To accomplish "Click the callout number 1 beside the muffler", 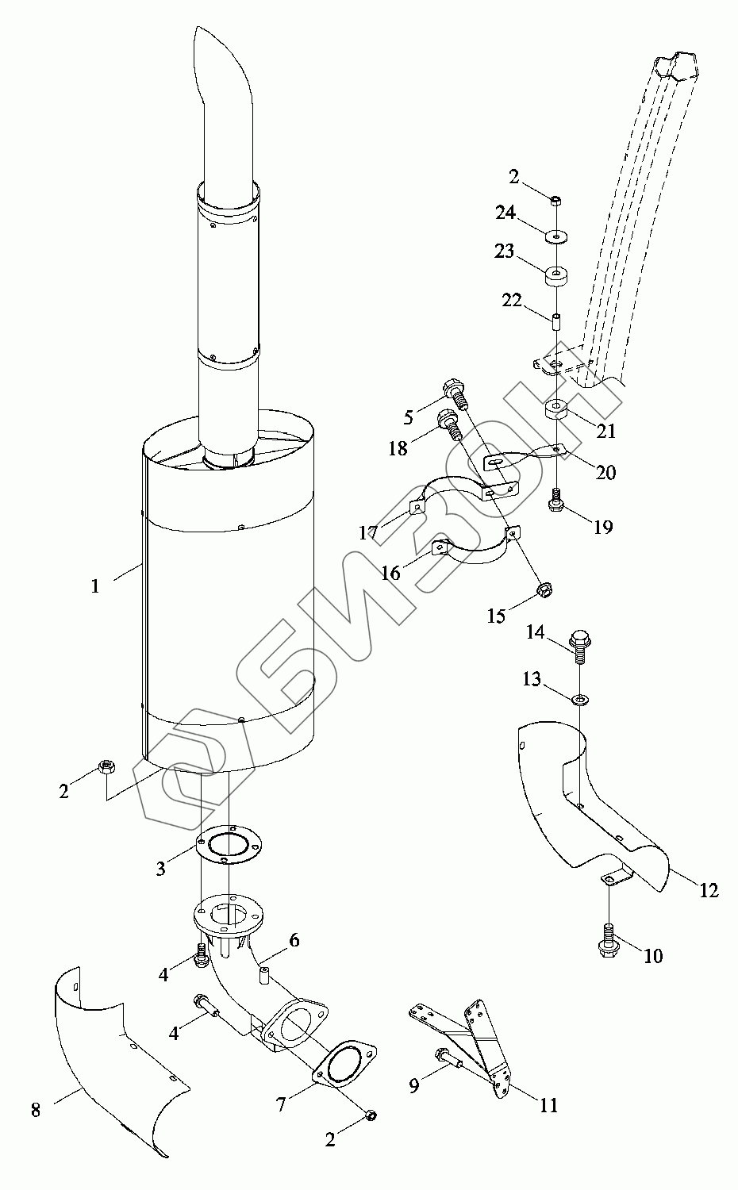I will click(x=95, y=587).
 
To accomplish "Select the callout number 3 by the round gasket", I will click(x=161, y=869).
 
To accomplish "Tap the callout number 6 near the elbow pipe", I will click(x=294, y=941).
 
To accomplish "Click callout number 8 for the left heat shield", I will click(x=36, y=1111).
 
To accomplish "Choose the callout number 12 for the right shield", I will click(x=709, y=891).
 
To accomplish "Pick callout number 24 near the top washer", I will click(x=506, y=213).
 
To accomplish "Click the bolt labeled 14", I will click(x=580, y=643).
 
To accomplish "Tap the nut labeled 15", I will click(x=545, y=589).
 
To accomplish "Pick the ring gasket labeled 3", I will click(x=228, y=849).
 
